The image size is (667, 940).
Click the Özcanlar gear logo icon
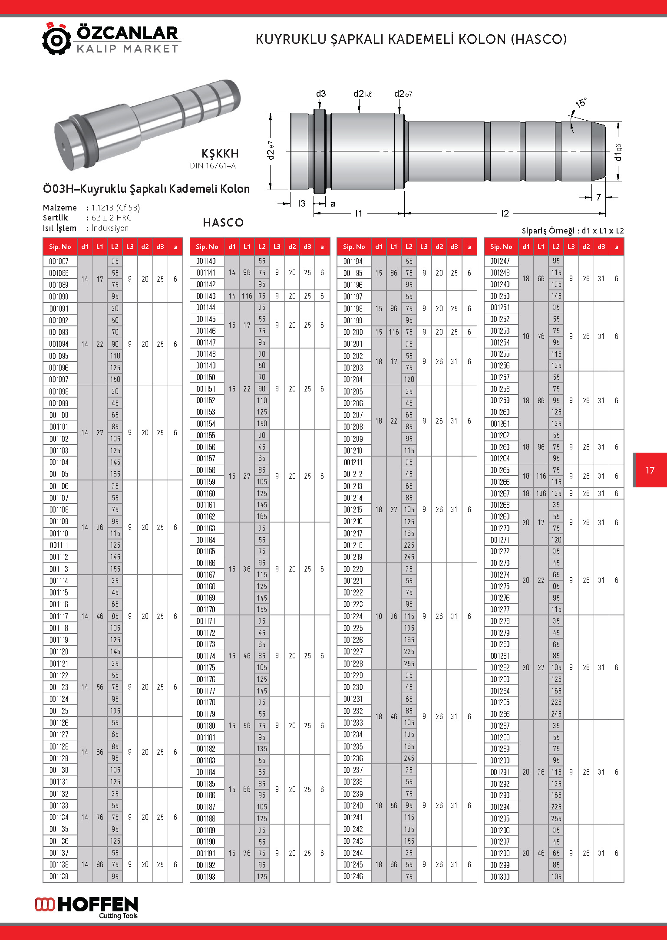coord(56,39)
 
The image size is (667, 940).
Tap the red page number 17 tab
coord(650,470)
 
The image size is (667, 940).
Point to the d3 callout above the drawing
coord(321,94)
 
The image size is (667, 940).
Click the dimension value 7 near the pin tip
coord(598,197)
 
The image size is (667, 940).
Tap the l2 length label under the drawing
coord(505,214)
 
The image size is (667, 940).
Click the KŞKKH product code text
coord(220,154)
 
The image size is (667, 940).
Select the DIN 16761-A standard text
coord(213,166)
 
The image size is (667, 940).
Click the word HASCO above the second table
coord(223,223)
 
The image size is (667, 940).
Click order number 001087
coord(59,261)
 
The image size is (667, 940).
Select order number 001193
coord(206,877)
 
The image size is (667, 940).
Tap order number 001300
coord(500,877)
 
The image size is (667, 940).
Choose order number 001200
coord(353,332)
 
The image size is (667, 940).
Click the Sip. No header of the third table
coord(354,247)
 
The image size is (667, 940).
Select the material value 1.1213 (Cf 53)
coord(116,207)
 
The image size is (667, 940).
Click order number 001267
coord(500,493)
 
